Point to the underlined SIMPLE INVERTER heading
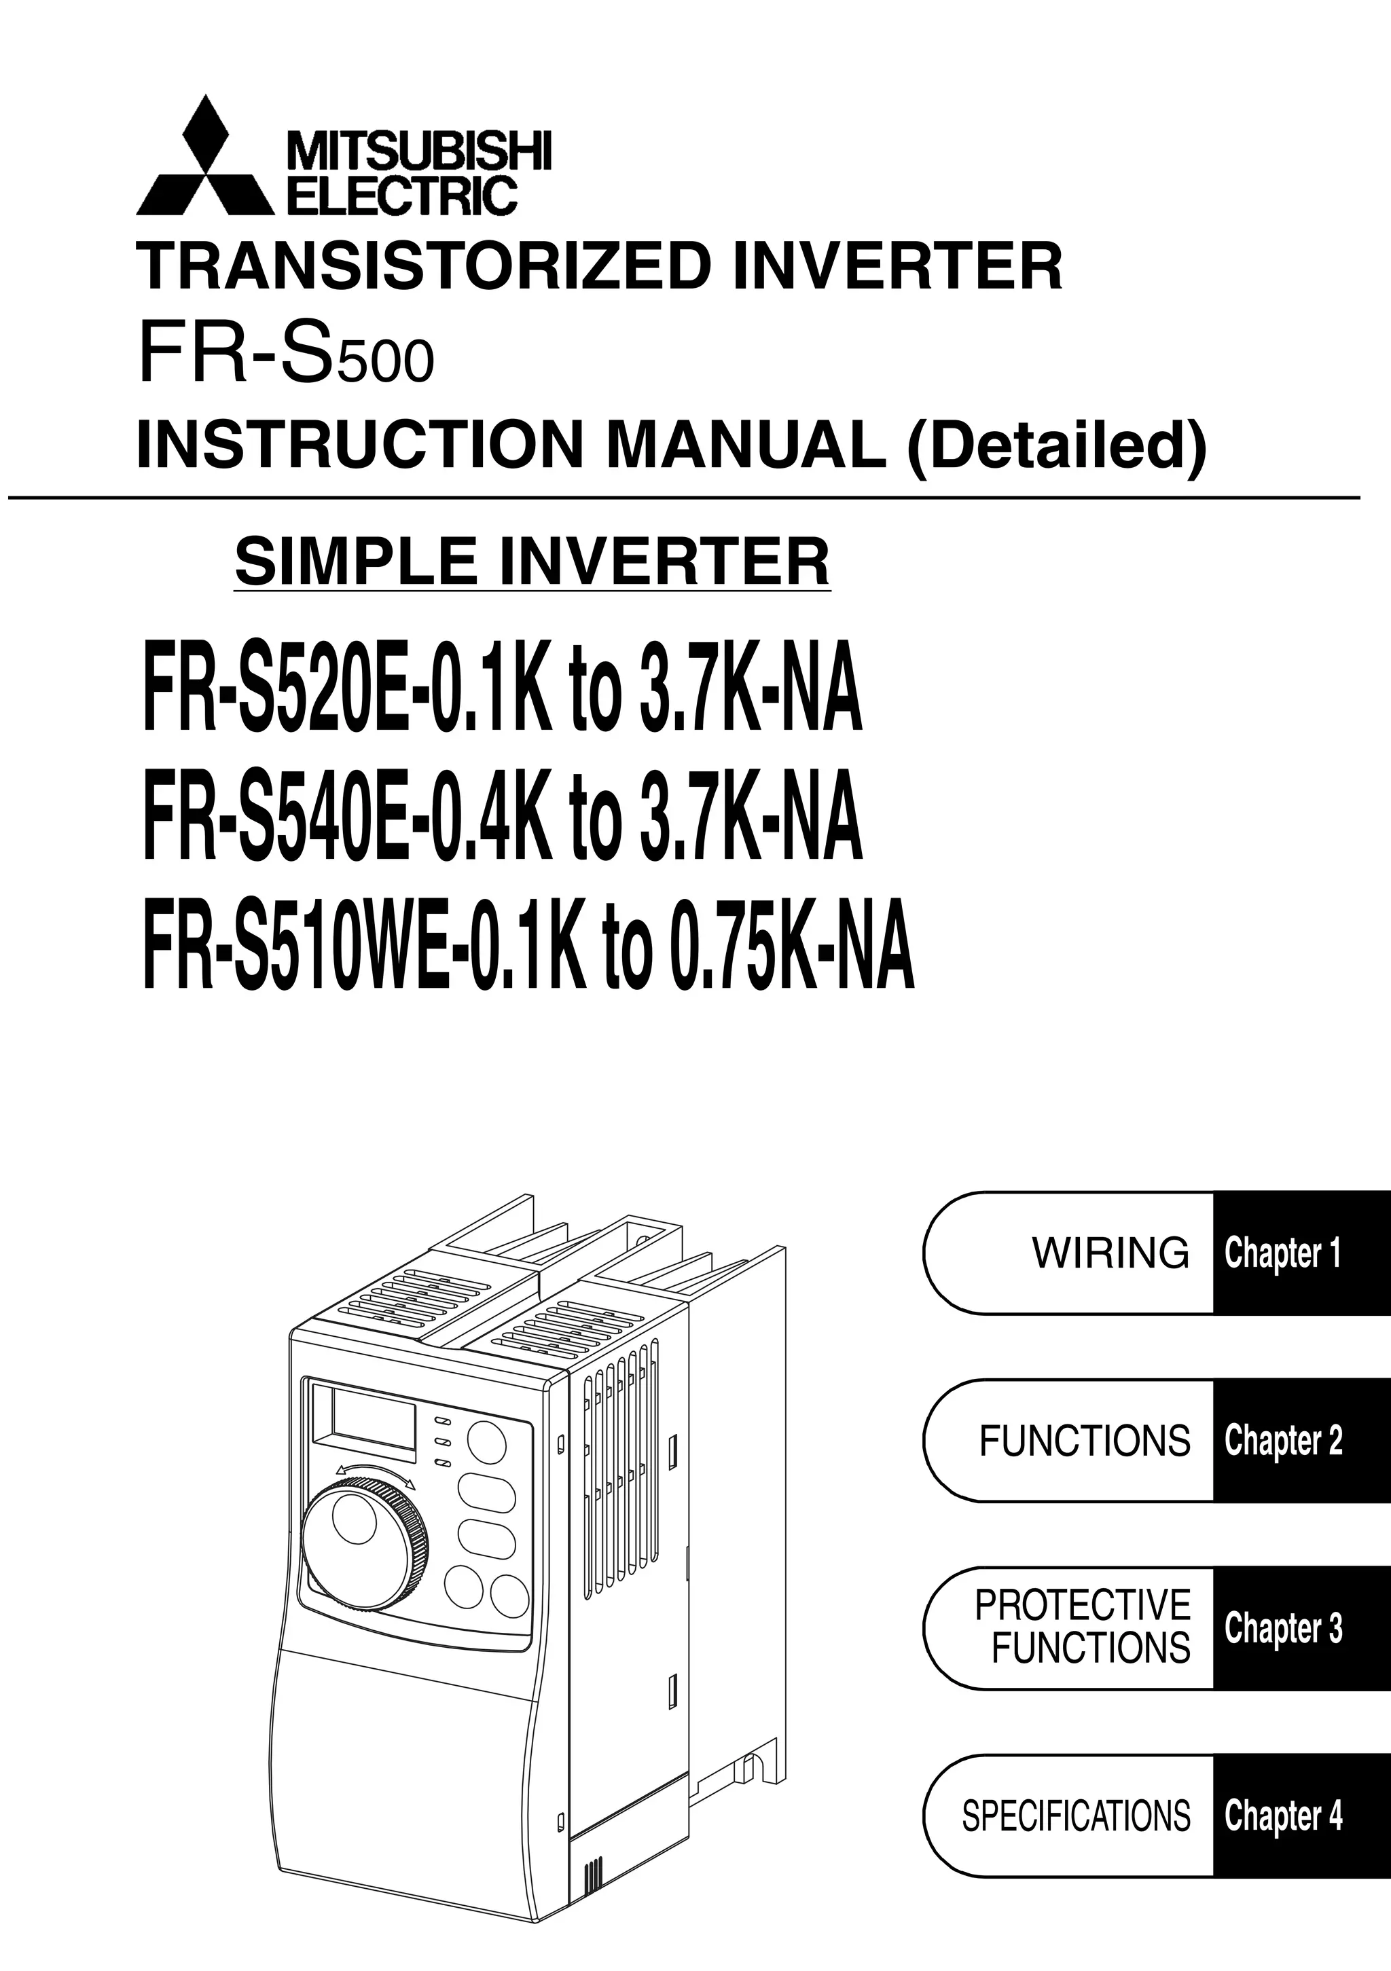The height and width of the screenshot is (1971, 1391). pos(532,561)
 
